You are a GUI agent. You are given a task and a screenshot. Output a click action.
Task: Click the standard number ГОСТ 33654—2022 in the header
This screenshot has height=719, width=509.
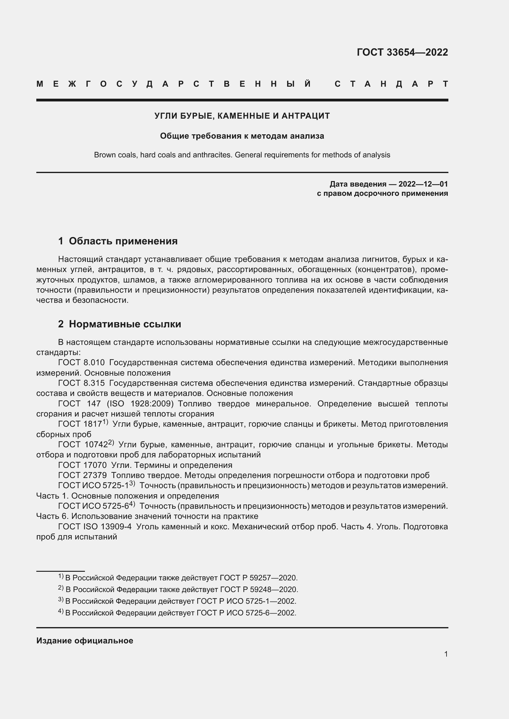pyautogui.click(x=402, y=52)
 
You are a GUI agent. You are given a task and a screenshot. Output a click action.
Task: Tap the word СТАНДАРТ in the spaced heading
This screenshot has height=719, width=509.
pyautogui.click(x=391, y=84)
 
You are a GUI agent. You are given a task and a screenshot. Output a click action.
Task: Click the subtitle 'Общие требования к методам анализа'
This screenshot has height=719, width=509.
pyautogui.click(x=242, y=136)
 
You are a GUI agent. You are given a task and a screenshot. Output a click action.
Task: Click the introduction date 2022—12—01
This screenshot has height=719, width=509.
pyautogui.click(x=423, y=184)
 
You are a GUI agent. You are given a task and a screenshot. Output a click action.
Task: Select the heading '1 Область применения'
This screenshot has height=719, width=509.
pyautogui.click(x=118, y=241)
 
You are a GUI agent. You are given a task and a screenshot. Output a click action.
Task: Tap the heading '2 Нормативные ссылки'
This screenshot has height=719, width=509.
pyautogui.click(x=119, y=324)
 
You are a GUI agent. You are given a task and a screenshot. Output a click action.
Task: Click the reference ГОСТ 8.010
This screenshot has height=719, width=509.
pyautogui.click(x=82, y=363)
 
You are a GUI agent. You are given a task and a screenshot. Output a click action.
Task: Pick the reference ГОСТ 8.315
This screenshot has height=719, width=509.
pyautogui.click(x=82, y=383)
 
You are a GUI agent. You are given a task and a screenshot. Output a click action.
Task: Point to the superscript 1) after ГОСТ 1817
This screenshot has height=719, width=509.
pyautogui.click(x=105, y=422)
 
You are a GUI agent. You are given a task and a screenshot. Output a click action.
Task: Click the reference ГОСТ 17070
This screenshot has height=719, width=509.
pyautogui.click(x=82, y=465)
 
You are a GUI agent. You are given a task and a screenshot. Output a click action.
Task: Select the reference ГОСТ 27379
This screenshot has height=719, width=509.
pyautogui.click(x=82, y=475)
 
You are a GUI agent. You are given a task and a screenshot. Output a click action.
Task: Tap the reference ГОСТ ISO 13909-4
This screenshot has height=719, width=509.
pyautogui.click(x=95, y=527)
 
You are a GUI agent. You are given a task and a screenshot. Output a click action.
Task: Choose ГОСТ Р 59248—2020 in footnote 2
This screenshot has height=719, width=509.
pyautogui.click(x=259, y=590)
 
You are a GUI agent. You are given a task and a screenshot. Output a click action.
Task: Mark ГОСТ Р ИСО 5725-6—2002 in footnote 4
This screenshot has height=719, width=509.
pyautogui.click(x=246, y=613)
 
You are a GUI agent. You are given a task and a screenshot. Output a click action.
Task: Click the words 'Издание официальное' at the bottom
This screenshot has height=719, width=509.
pyautogui.click(x=85, y=641)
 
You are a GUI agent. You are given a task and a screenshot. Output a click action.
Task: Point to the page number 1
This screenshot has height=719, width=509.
pyautogui.click(x=446, y=654)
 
